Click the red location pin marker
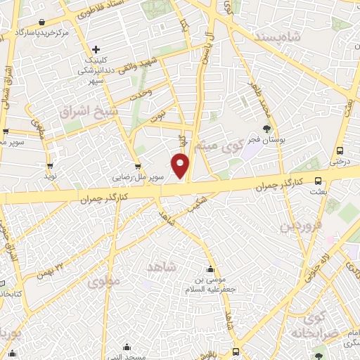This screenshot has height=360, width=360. (181, 165)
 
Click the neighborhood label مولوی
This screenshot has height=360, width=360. (105, 281)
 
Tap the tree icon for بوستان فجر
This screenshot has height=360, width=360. (266, 128)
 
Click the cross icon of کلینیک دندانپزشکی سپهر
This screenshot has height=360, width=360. (96, 49)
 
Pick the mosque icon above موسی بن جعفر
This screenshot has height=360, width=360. (210, 268)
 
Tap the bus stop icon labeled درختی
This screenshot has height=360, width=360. (340, 150)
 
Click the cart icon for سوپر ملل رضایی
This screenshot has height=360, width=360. (139, 167)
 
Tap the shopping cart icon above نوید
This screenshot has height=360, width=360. (49, 167)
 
